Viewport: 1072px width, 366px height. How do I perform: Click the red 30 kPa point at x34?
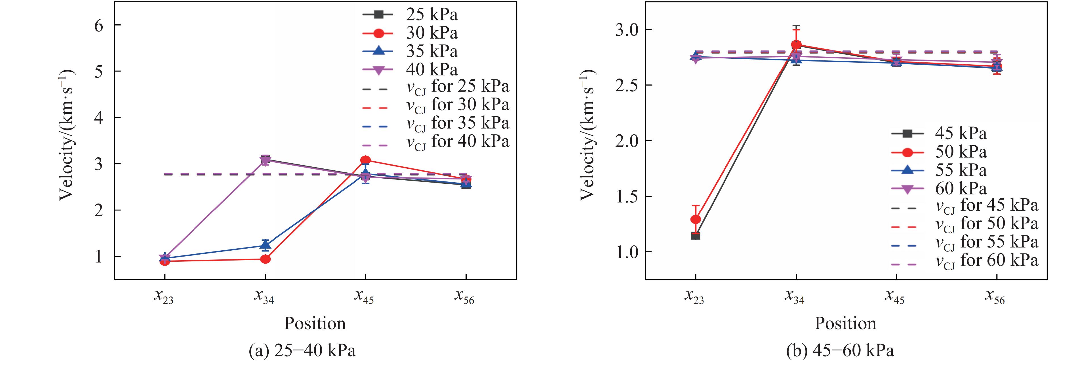pos(266,259)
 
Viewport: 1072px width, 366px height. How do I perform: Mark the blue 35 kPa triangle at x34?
pos(266,245)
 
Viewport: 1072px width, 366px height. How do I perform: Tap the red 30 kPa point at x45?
pos(365,160)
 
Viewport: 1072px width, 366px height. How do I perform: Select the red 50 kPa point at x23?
pos(695,219)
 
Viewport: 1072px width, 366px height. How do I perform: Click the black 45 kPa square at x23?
pos(695,236)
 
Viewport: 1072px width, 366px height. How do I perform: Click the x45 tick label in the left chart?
pos(364,297)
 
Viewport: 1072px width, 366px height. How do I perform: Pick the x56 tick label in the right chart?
pos(995,297)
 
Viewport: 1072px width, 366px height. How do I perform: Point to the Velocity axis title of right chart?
pos(587,135)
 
